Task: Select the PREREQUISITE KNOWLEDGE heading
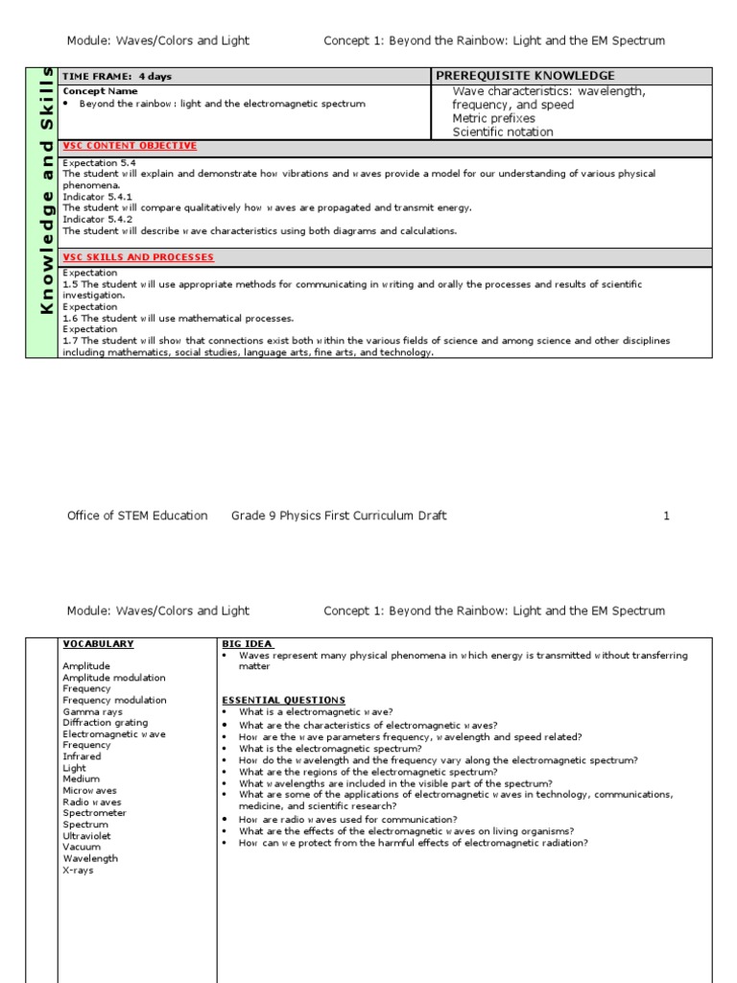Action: tap(525, 76)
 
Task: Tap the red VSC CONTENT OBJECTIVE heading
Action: tap(130, 146)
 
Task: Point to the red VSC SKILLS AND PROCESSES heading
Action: tap(138, 257)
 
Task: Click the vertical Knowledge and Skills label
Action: tap(43, 212)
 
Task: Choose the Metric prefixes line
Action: tap(493, 118)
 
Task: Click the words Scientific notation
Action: tap(503, 132)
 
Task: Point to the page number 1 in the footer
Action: tap(666, 515)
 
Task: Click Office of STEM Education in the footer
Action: tap(137, 515)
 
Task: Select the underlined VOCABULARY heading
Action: tap(98, 644)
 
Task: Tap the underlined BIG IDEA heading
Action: tap(248, 644)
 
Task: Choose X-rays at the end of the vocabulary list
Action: tap(79, 870)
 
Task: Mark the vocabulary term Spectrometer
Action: tap(94, 813)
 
